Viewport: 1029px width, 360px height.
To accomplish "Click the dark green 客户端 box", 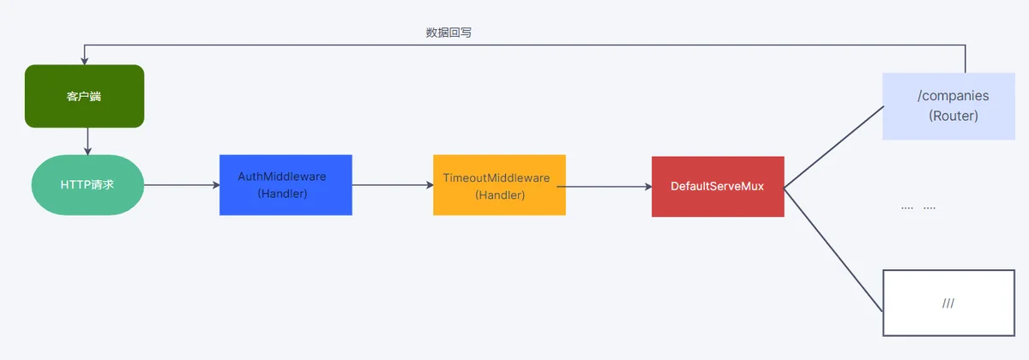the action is coord(85,96).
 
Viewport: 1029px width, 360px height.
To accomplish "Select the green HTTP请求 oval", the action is coord(87,184).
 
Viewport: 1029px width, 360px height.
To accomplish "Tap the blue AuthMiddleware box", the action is coord(286,185).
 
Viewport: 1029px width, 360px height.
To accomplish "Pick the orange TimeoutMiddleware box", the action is coord(499,185).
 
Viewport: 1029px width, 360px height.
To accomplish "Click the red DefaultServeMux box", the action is coord(718,187).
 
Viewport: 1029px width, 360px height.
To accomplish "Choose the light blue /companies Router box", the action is coord(948,106).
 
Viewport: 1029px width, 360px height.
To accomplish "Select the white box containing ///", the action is coord(948,303).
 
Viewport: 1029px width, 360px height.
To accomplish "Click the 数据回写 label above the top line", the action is coord(448,33).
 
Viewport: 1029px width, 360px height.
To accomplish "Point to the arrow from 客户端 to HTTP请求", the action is coord(87,141).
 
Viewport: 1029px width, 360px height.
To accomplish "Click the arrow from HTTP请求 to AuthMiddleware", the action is coord(182,185).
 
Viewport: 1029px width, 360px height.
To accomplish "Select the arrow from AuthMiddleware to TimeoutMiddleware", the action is coord(393,185).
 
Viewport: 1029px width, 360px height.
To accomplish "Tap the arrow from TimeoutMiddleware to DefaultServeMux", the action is coord(604,187).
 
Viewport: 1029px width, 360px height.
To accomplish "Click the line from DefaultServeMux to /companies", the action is coord(833,147).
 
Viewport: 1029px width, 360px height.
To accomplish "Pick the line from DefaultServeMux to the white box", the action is coord(833,249).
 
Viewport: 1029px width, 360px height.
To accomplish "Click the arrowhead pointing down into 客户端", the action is coord(85,61).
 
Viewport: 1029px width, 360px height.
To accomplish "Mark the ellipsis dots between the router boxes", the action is coord(918,208).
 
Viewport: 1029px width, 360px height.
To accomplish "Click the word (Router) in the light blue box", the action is coord(954,116).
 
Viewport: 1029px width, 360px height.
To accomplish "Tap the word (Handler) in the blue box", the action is coord(282,194).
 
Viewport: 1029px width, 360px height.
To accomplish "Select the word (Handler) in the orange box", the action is coord(500,195).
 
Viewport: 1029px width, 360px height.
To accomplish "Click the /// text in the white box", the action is coord(948,303).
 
